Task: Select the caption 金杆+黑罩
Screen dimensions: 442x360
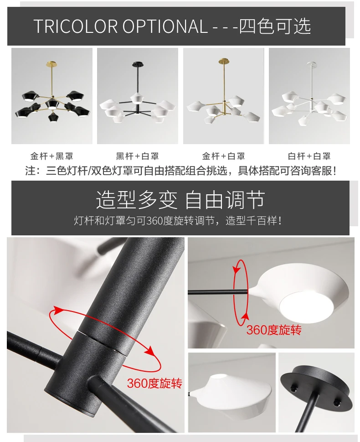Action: click(51, 156)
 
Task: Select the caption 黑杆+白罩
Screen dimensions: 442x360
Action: click(137, 156)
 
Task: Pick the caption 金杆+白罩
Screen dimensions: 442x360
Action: click(223, 156)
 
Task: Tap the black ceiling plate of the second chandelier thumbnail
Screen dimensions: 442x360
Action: click(135, 63)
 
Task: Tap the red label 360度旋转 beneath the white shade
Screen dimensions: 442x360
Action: click(274, 330)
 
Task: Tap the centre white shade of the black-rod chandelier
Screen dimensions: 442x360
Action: click(136, 98)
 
